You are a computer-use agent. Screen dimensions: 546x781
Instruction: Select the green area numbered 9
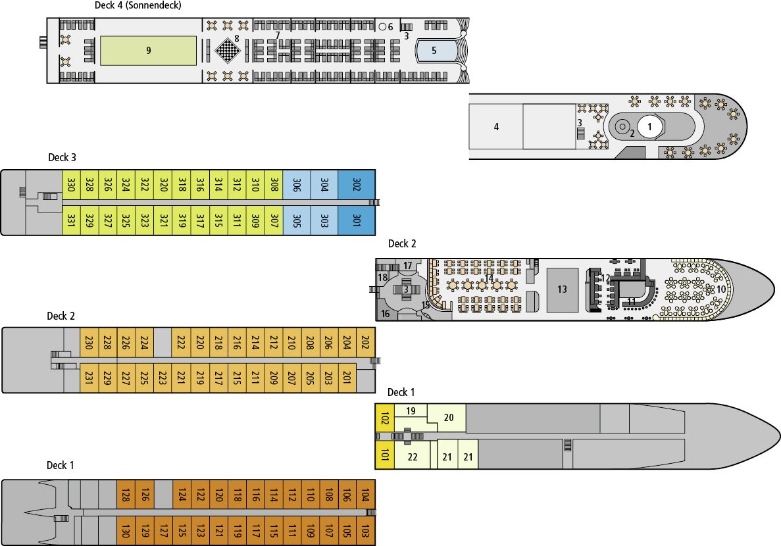pyautogui.click(x=149, y=51)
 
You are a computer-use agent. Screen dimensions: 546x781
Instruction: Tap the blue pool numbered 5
pyautogui.click(x=434, y=50)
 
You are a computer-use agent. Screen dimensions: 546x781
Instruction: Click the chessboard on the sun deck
pyautogui.click(x=227, y=50)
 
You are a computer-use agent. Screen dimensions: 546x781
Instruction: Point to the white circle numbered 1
pyautogui.click(x=649, y=126)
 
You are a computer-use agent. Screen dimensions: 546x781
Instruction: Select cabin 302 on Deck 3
pyautogui.click(x=357, y=186)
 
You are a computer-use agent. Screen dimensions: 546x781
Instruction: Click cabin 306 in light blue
pyautogui.click(x=296, y=186)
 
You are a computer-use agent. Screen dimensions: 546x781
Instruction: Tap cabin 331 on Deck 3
pyautogui.click(x=70, y=219)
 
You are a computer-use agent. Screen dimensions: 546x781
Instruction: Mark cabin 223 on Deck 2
pyautogui.click(x=162, y=377)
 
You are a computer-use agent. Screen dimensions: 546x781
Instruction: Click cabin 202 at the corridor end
pyautogui.click(x=365, y=343)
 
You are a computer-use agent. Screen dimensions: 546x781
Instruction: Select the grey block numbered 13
pyautogui.click(x=562, y=289)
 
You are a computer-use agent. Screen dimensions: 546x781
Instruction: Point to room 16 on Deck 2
pyautogui.click(x=386, y=313)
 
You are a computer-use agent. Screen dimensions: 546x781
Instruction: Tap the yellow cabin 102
pyautogui.click(x=384, y=418)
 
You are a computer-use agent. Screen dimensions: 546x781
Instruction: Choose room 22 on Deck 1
pyautogui.click(x=413, y=457)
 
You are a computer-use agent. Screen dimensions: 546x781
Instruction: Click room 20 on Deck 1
pyautogui.click(x=449, y=417)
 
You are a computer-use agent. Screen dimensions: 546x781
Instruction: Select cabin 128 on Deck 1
pyautogui.click(x=126, y=495)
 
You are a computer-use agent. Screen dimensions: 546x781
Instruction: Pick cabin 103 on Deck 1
pyautogui.click(x=365, y=530)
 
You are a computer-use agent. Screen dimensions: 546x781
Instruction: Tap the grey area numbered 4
pyautogui.click(x=496, y=127)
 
